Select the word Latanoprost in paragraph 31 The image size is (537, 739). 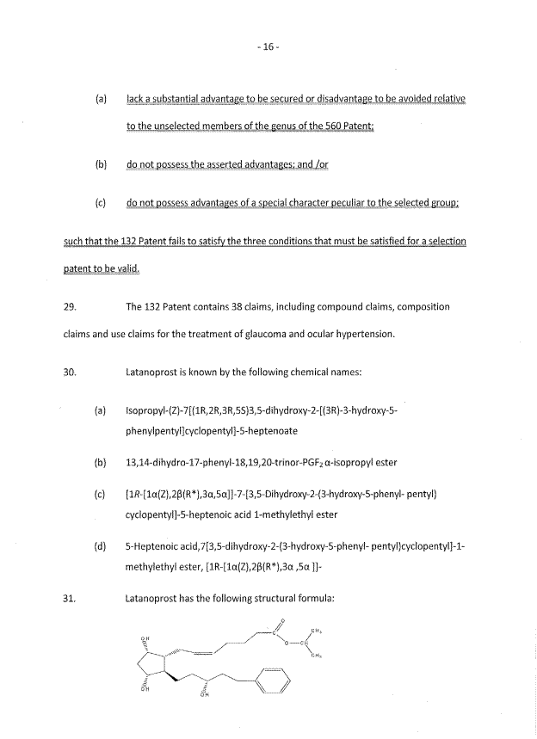point(154,600)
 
